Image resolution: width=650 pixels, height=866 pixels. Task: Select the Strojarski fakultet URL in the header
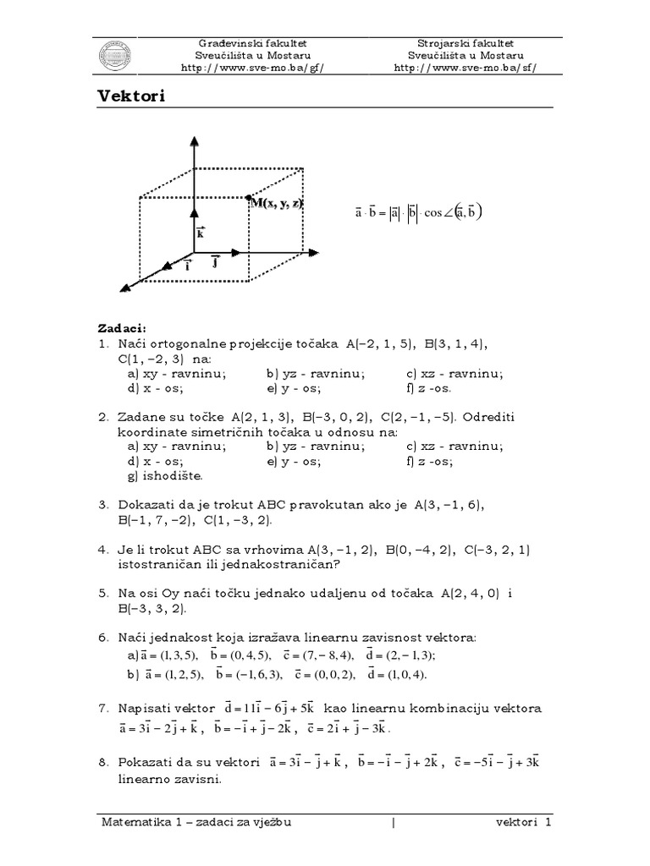[465, 67]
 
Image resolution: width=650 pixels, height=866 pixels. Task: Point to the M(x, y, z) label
[277, 203]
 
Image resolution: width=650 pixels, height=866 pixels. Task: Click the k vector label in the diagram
[201, 233]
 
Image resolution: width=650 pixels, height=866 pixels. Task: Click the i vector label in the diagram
[188, 264]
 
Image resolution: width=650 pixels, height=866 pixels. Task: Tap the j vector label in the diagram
[216, 263]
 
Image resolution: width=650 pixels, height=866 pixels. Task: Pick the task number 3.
[102, 504]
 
